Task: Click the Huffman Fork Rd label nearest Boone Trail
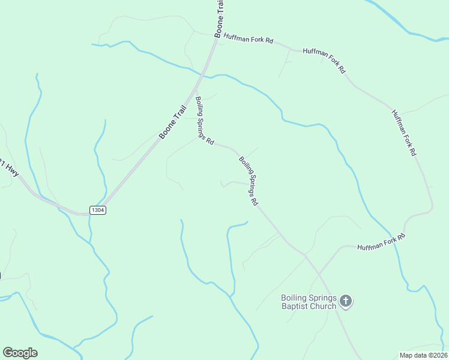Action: (x=248, y=39)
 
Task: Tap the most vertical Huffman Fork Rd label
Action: (x=403, y=133)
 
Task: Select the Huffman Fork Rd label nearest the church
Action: (x=382, y=244)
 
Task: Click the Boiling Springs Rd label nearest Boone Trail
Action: (x=205, y=121)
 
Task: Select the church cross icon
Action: (x=346, y=301)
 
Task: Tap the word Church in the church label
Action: (x=322, y=307)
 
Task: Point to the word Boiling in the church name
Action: (x=295, y=298)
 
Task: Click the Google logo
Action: (x=20, y=353)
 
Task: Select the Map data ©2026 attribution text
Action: (x=423, y=355)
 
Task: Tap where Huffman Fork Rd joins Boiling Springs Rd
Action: (x=306, y=255)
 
